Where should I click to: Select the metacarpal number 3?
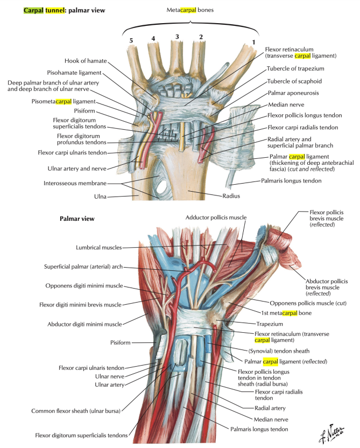[x=177, y=36]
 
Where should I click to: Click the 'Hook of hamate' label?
[x=87, y=61]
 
